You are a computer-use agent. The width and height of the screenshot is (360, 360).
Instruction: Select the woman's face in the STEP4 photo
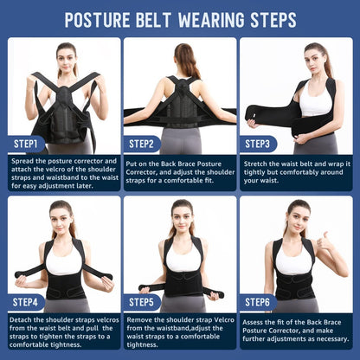click(x=61, y=215)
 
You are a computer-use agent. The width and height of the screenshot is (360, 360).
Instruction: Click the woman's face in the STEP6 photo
click(x=296, y=215)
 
